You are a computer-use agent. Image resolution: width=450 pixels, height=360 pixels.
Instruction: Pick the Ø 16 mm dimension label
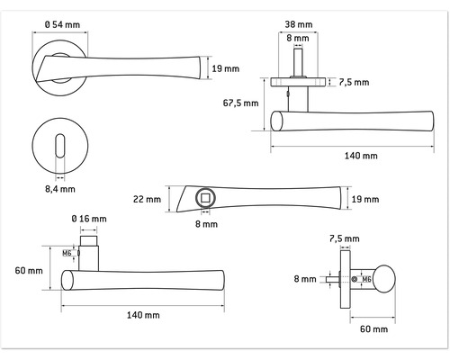(x=90, y=220)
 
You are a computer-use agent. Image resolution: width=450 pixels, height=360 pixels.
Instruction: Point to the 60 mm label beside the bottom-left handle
(x=29, y=271)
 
